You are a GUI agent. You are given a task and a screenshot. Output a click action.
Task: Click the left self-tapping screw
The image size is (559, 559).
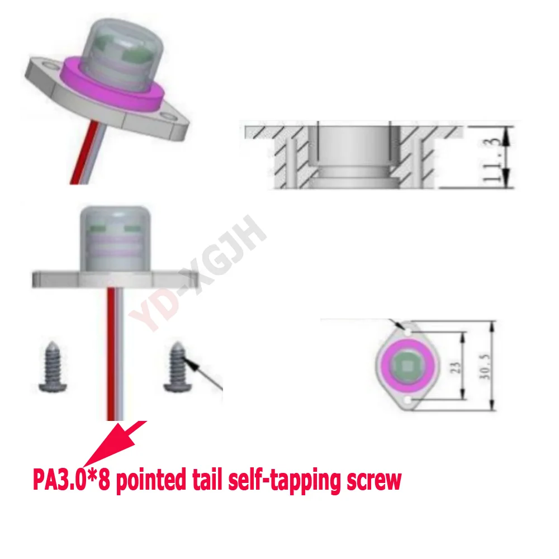(53, 367)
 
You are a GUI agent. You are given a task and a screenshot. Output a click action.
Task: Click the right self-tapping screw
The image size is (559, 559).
(177, 367)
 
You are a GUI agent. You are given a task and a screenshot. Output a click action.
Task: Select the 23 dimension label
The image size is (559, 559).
(456, 367)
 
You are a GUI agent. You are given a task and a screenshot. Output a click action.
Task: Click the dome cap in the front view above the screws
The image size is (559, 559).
(115, 239)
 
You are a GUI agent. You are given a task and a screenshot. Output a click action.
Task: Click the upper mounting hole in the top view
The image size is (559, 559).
(408, 331)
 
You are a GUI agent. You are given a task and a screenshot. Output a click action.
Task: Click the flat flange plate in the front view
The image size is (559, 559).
(115, 279)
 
